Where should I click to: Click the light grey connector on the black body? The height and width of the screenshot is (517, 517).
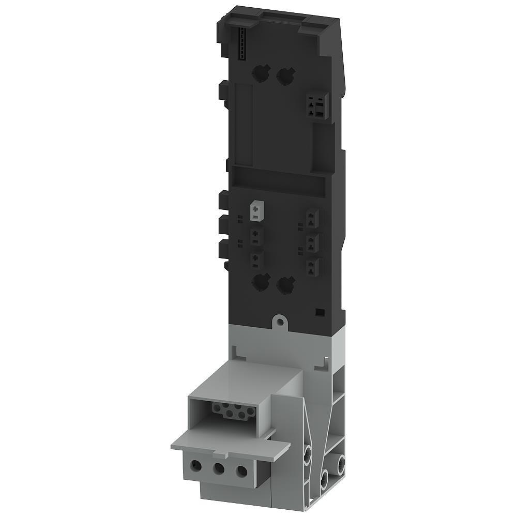coord(256,211)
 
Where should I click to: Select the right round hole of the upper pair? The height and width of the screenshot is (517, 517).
coord(284,77)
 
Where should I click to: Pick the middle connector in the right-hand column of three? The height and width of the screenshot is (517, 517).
coord(312,241)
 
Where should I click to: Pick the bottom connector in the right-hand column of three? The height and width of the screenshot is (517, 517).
coord(312,266)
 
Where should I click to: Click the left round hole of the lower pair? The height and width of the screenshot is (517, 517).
coord(261,282)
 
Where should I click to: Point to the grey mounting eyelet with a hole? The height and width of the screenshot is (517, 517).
coord(280,322)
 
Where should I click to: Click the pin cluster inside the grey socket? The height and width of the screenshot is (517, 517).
coord(233,411)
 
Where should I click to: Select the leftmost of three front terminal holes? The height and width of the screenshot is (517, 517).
coord(196,466)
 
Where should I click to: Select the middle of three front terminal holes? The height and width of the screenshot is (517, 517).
coord(219,469)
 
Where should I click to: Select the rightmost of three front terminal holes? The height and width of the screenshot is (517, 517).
coord(241,471)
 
